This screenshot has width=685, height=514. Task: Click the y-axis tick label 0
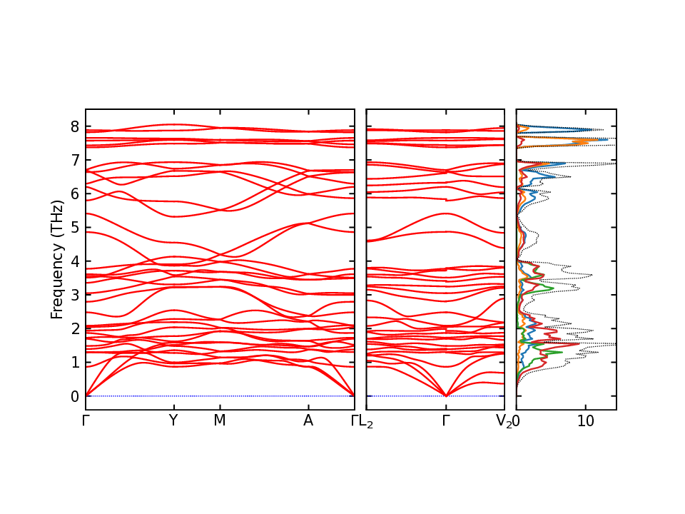[75, 396]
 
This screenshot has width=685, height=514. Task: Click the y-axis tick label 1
[75, 363]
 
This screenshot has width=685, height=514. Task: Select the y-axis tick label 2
[75, 328]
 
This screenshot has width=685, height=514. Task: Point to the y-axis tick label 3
[75, 295]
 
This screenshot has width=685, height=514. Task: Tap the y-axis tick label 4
[75, 261]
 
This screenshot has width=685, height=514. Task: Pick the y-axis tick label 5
[75, 228]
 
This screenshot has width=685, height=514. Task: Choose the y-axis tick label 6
[75, 194]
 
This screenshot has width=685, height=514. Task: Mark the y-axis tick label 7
[75, 161]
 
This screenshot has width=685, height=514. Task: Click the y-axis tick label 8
[75, 127]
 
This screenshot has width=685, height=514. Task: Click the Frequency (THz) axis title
[56, 259]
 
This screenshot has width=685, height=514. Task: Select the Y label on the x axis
[173, 421]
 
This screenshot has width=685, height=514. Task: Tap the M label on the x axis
[220, 421]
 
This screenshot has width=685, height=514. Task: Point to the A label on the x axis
[308, 421]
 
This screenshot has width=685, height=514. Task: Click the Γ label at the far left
[86, 421]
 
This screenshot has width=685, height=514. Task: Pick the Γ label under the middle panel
[446, 421]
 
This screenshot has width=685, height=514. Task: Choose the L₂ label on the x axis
[366, 423]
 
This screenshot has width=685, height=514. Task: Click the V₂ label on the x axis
[504, 423]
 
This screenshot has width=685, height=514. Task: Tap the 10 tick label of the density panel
[586, 421]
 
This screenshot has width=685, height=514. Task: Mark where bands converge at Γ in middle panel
[446, 395]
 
